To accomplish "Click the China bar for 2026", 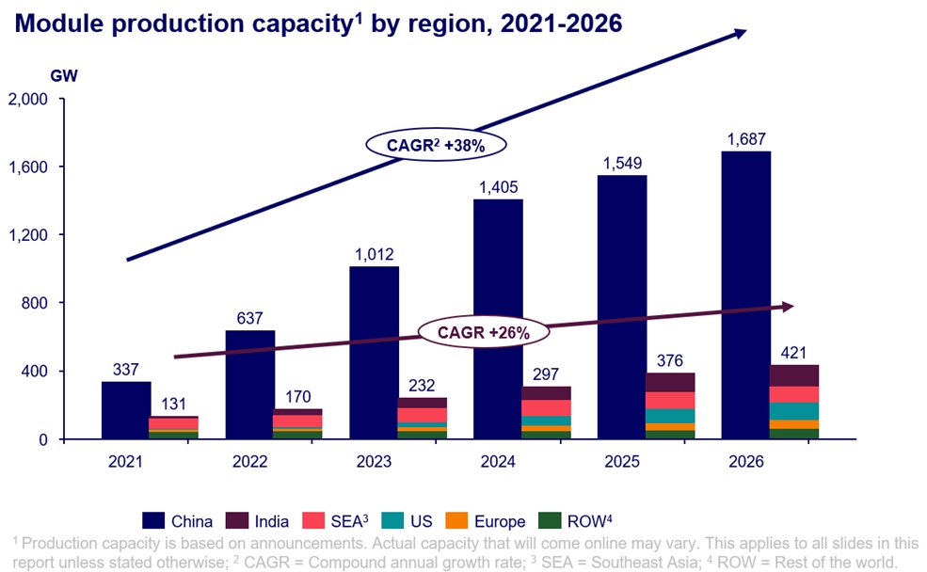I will (x=745, y=294).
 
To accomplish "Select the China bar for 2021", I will (x=126, y=409).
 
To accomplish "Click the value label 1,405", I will (x=498, y=187).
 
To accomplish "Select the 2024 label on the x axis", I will (x=498, y=462).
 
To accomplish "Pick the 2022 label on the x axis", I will (x=250, y=462).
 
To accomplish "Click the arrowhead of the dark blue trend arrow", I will (x=738, y=33).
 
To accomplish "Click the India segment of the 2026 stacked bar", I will (x=793, y=375).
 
